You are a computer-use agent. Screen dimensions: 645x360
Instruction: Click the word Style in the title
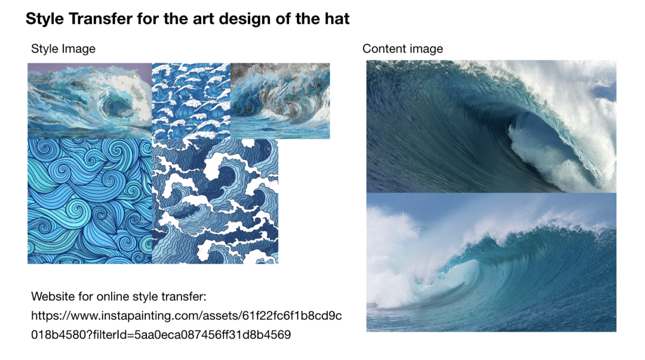[x=44, y=19]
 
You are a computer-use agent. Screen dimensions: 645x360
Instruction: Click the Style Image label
[x=63, y=49]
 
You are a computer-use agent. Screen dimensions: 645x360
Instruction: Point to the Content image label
[x=403, y=49]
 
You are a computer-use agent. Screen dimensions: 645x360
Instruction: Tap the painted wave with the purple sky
[x=90, y=101]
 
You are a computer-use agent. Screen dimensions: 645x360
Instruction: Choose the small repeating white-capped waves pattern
[x=191, y=101]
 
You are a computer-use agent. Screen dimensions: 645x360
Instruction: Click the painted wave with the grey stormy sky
[x=280, y=101]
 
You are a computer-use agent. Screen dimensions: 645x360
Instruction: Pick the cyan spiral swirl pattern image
[x=90, y=201]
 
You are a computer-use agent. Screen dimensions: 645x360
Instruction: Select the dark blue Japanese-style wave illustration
[x=215, y=201]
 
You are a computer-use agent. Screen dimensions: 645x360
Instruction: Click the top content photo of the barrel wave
[x=491, y=127]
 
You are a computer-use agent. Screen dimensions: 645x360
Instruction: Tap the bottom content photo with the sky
[x=491, y=262]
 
